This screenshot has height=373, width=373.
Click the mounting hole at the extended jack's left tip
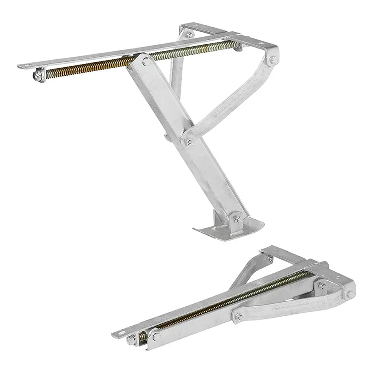25,66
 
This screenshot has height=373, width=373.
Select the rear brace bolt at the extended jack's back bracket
190,35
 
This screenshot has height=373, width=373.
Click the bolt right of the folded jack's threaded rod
320,285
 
